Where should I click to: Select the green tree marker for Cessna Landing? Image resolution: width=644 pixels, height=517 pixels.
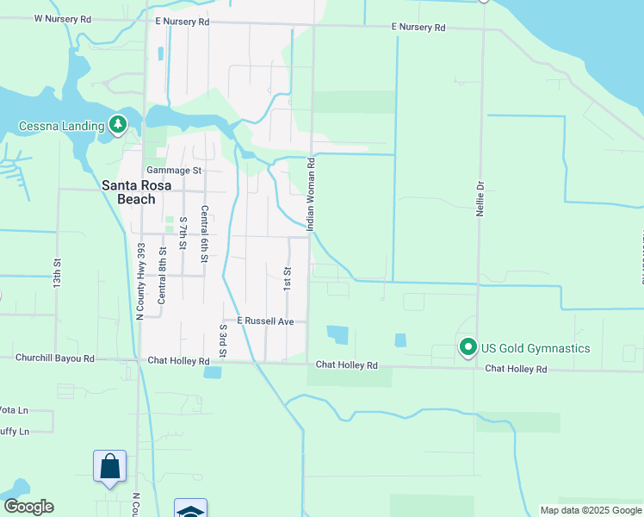coord(118,126)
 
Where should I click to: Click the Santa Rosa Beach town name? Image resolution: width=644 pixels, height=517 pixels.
coord(128,192)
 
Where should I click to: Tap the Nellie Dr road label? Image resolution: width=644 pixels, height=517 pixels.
coord(481,197)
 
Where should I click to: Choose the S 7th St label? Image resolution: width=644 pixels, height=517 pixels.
coord(183,234)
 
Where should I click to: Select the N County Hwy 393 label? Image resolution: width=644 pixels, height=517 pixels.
coord(140,281)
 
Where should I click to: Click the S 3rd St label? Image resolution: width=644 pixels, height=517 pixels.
coord(223,340)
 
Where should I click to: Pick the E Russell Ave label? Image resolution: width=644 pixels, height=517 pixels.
coord(267,321)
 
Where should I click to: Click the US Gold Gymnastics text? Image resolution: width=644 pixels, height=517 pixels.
coord(536,348)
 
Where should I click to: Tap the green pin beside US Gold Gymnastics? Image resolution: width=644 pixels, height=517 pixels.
coord(468,347)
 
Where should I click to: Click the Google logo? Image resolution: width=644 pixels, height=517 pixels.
coord(28,507)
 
